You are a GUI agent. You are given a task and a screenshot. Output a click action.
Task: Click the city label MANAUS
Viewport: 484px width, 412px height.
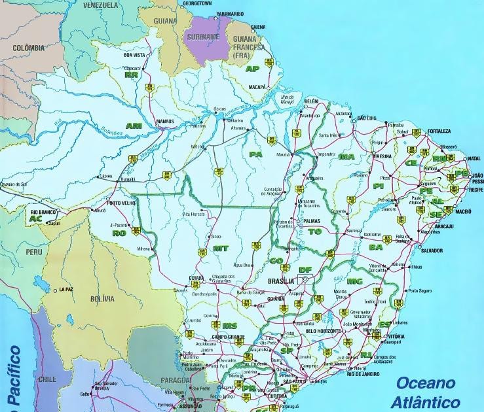tap(165, 121)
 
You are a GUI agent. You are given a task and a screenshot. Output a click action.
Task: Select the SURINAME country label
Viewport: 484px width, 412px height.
tap(203, 37)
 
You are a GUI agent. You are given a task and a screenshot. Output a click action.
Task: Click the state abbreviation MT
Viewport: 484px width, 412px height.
tap(221, 249)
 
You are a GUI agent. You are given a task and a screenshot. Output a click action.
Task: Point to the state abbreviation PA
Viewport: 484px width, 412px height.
tap(255, 154)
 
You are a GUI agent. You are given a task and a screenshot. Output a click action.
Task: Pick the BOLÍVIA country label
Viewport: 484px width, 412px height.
tap(102, 299)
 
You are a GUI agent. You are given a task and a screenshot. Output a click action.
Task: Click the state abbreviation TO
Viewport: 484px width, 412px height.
tap(315, 232)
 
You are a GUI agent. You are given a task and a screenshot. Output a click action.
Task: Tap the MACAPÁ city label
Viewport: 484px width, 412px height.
tap(257, 86)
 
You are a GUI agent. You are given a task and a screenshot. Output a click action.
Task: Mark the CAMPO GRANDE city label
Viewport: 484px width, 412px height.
tap(228, 336)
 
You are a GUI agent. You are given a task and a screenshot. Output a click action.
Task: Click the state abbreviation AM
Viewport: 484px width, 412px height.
tap(134, 126)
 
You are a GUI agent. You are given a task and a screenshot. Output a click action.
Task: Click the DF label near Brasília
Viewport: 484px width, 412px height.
tap(305, 269)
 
